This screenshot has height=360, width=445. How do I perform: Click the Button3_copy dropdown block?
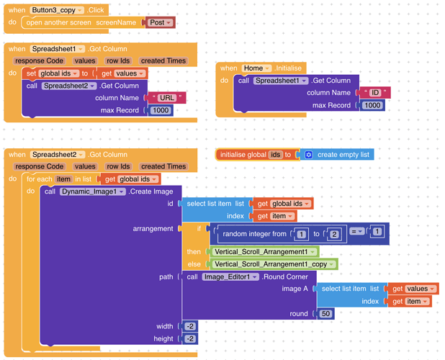pyautogui.click(x=57, y=10)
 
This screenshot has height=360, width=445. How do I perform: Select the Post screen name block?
pyautogui.click(x=160, y=22)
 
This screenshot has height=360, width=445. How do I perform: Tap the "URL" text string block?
pyautogui.click(x=167, y=98)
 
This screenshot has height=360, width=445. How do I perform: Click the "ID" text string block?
pyautogui.click(x=374, y=93)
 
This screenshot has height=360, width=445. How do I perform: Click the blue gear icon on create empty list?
pyautogui.click(x=308, y=155)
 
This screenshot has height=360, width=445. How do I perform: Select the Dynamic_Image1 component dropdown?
pyautogui.click(x=93, y=192)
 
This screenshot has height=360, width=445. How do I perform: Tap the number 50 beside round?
pyautogui.click(x=326, y=314)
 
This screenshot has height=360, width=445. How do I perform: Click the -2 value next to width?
pyautogui.click(x=190, y=326)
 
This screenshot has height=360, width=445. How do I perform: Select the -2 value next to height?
pyautogui.click(x=190, y=338)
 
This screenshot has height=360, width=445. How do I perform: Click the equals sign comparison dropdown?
pyautogui.click(x=356, y=231)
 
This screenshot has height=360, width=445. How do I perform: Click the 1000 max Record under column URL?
pyautogui.click(x=161, y=110)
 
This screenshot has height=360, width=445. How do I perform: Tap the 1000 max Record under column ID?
pyautogui.click(x=372, y=105)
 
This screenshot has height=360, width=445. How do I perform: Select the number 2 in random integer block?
pyautogui.click(x=333, y=235)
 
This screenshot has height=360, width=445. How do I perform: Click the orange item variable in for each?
pyautogui.click(x=64, y=179)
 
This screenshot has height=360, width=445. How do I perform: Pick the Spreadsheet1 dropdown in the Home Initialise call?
pyautogui.click(x=281, y=81)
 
